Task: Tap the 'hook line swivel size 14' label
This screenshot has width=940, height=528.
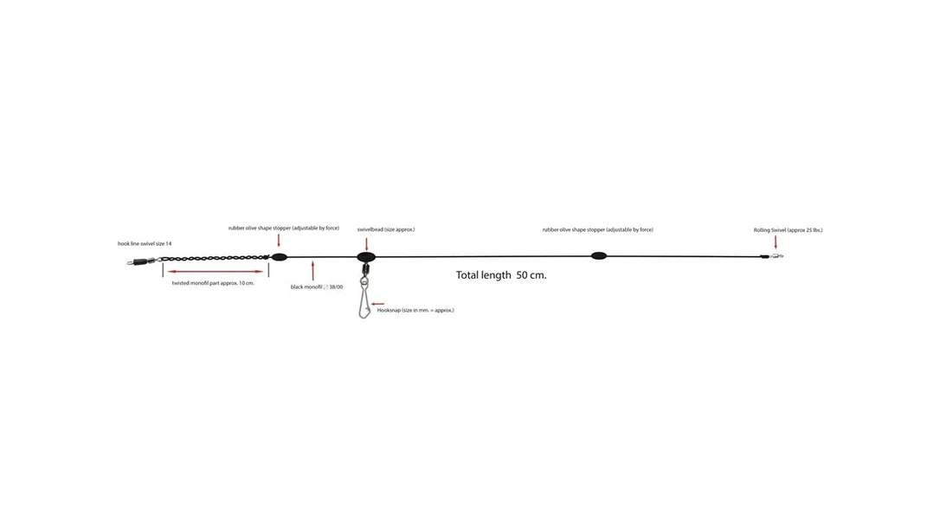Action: point(145,244)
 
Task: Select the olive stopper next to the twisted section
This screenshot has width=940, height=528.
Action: point(280,257)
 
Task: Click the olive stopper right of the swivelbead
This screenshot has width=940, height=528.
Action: point(599,256)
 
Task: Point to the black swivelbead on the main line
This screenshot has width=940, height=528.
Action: point(366,257)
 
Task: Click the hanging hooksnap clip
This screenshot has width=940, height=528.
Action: point(364,297)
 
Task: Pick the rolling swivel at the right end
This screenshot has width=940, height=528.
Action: point(773,256)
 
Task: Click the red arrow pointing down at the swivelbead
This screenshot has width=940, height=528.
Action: point(366,243)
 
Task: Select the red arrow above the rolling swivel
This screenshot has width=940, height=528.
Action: point(776,242)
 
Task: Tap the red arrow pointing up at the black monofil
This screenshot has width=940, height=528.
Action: point(312,271)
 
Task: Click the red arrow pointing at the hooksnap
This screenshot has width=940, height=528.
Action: point(377,304)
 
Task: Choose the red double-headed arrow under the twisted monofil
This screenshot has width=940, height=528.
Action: point(216,272)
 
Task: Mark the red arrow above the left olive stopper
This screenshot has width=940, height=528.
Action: point(279,241)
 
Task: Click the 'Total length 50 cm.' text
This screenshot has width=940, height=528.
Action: point(501,275)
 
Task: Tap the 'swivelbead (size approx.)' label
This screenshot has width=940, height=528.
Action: point(386,229)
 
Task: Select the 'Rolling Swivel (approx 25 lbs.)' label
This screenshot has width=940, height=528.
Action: point(788,230)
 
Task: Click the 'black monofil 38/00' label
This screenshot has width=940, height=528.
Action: point(317,287)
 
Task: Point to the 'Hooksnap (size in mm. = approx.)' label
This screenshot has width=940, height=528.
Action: point(415,311)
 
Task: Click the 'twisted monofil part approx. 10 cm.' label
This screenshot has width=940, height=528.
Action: point(213,283)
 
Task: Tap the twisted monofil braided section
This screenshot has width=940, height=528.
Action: point(215,258)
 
